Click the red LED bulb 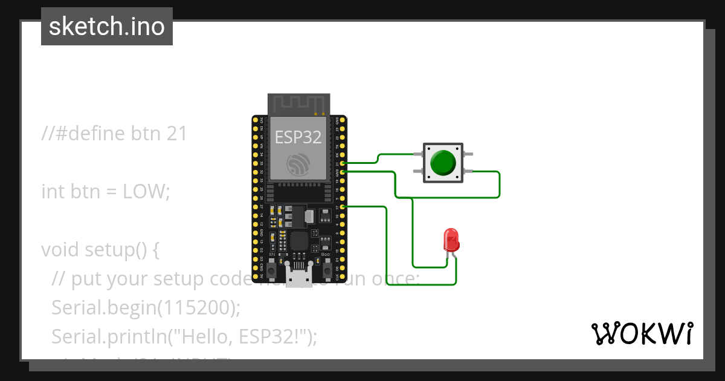[x=451, y=240]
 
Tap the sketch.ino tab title [x=107, y=27]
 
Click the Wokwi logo [x=642, y=333]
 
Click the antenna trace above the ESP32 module [x=299, y=104]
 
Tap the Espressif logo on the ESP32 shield [x=298, y=164]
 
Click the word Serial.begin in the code [x=101, y=308]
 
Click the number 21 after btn [x=175, y=133]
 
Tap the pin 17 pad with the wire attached [x=343, y=207]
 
